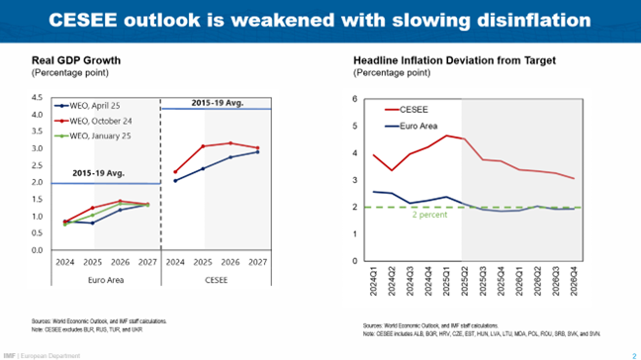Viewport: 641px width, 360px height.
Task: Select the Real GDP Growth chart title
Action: tap(76, 61)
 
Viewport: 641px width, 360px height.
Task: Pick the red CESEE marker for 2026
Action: tap(230, 143)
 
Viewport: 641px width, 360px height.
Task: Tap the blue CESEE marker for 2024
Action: tap(176, 181)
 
